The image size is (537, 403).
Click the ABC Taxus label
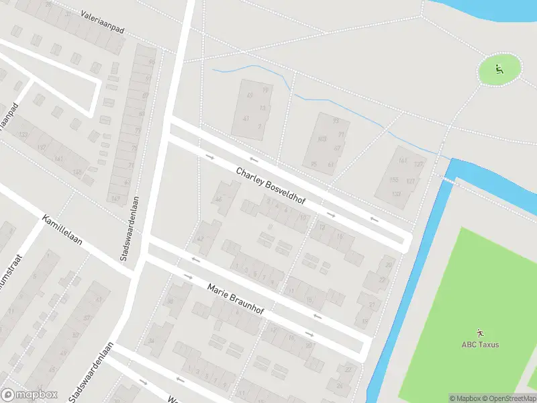[x=480, y=345]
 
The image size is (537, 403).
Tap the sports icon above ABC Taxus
[x=480, y=332]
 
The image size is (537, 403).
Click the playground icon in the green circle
[x=499, y=69]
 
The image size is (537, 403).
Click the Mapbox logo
[x=30, y=394]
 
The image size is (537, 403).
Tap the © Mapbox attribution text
[x=465, y=398]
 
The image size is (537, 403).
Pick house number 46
[x=218, y=199]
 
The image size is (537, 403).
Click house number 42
[x=199, y=240]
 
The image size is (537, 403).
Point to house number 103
[x=322, y=140]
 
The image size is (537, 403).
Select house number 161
[x=403, y=160]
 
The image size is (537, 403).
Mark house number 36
[x=170, y=302]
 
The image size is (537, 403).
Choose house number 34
[x=151, y=341]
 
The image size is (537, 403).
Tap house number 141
[x=58, y=159]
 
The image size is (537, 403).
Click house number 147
[x=115, y=198]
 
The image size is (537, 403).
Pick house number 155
[x=394, y=180]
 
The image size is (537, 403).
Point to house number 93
[x=336, y=121]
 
